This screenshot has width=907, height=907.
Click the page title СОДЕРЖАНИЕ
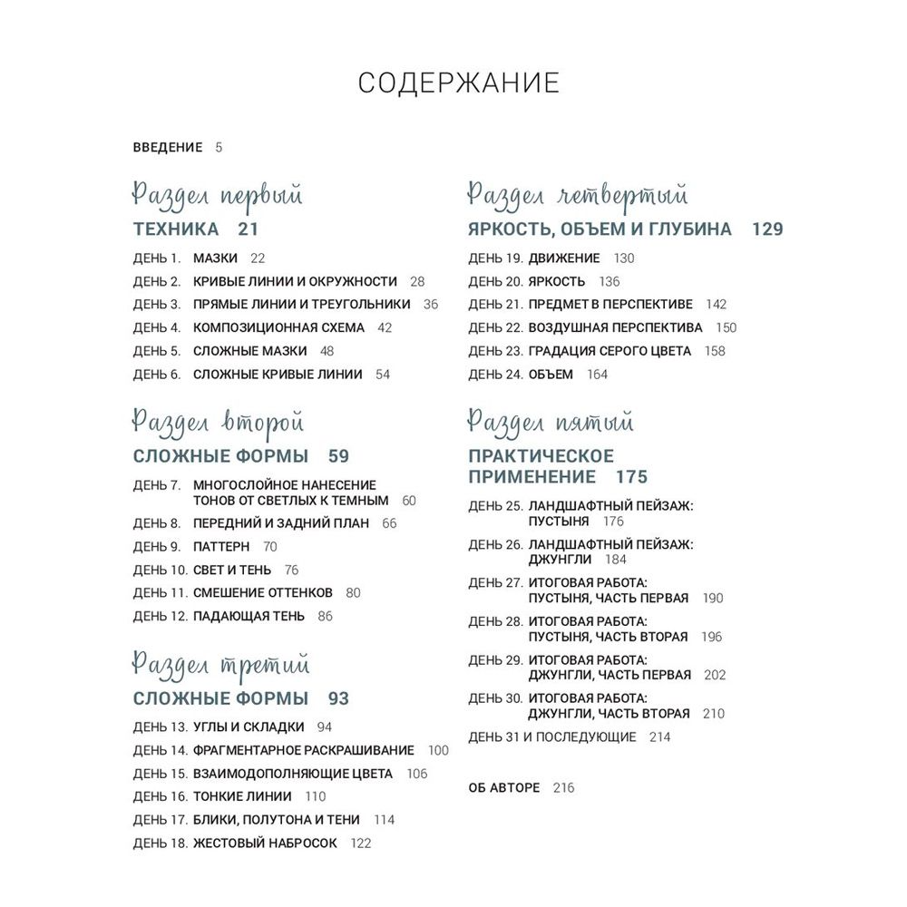click(458, 83)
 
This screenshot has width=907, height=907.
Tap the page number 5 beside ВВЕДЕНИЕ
click(219, 147)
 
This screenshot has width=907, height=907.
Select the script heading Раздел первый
click(218, 196)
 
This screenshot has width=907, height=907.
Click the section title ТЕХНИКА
click(176, 229)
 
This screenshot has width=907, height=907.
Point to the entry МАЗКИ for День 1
click(215, 258)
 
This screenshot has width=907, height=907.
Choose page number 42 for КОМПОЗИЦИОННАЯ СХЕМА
click(385, 327)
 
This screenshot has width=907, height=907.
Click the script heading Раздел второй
click(218, 423)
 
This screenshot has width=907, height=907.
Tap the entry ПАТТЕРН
click(221, 547)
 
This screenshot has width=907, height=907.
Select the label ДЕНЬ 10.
click(160, 570)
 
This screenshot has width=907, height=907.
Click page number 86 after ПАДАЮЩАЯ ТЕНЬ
click(326, 616)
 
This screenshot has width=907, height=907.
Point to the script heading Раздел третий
click(220, 665)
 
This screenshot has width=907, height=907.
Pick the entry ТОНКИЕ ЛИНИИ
click(242, 796)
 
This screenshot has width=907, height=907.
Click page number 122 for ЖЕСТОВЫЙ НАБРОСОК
click(361, 843)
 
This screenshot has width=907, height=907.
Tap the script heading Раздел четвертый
click(578, 196)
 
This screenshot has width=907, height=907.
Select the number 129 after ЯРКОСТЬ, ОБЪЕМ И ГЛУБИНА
click(767, 229)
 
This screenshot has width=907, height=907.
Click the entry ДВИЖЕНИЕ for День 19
click(564, 258)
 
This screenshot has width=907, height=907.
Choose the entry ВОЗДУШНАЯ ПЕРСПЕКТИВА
click(615, 327)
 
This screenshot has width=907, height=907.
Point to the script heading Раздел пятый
click(551, 423)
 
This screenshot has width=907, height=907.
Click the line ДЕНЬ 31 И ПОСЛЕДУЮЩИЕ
click(552, 736)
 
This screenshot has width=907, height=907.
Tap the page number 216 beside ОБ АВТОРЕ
click(563, 787)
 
